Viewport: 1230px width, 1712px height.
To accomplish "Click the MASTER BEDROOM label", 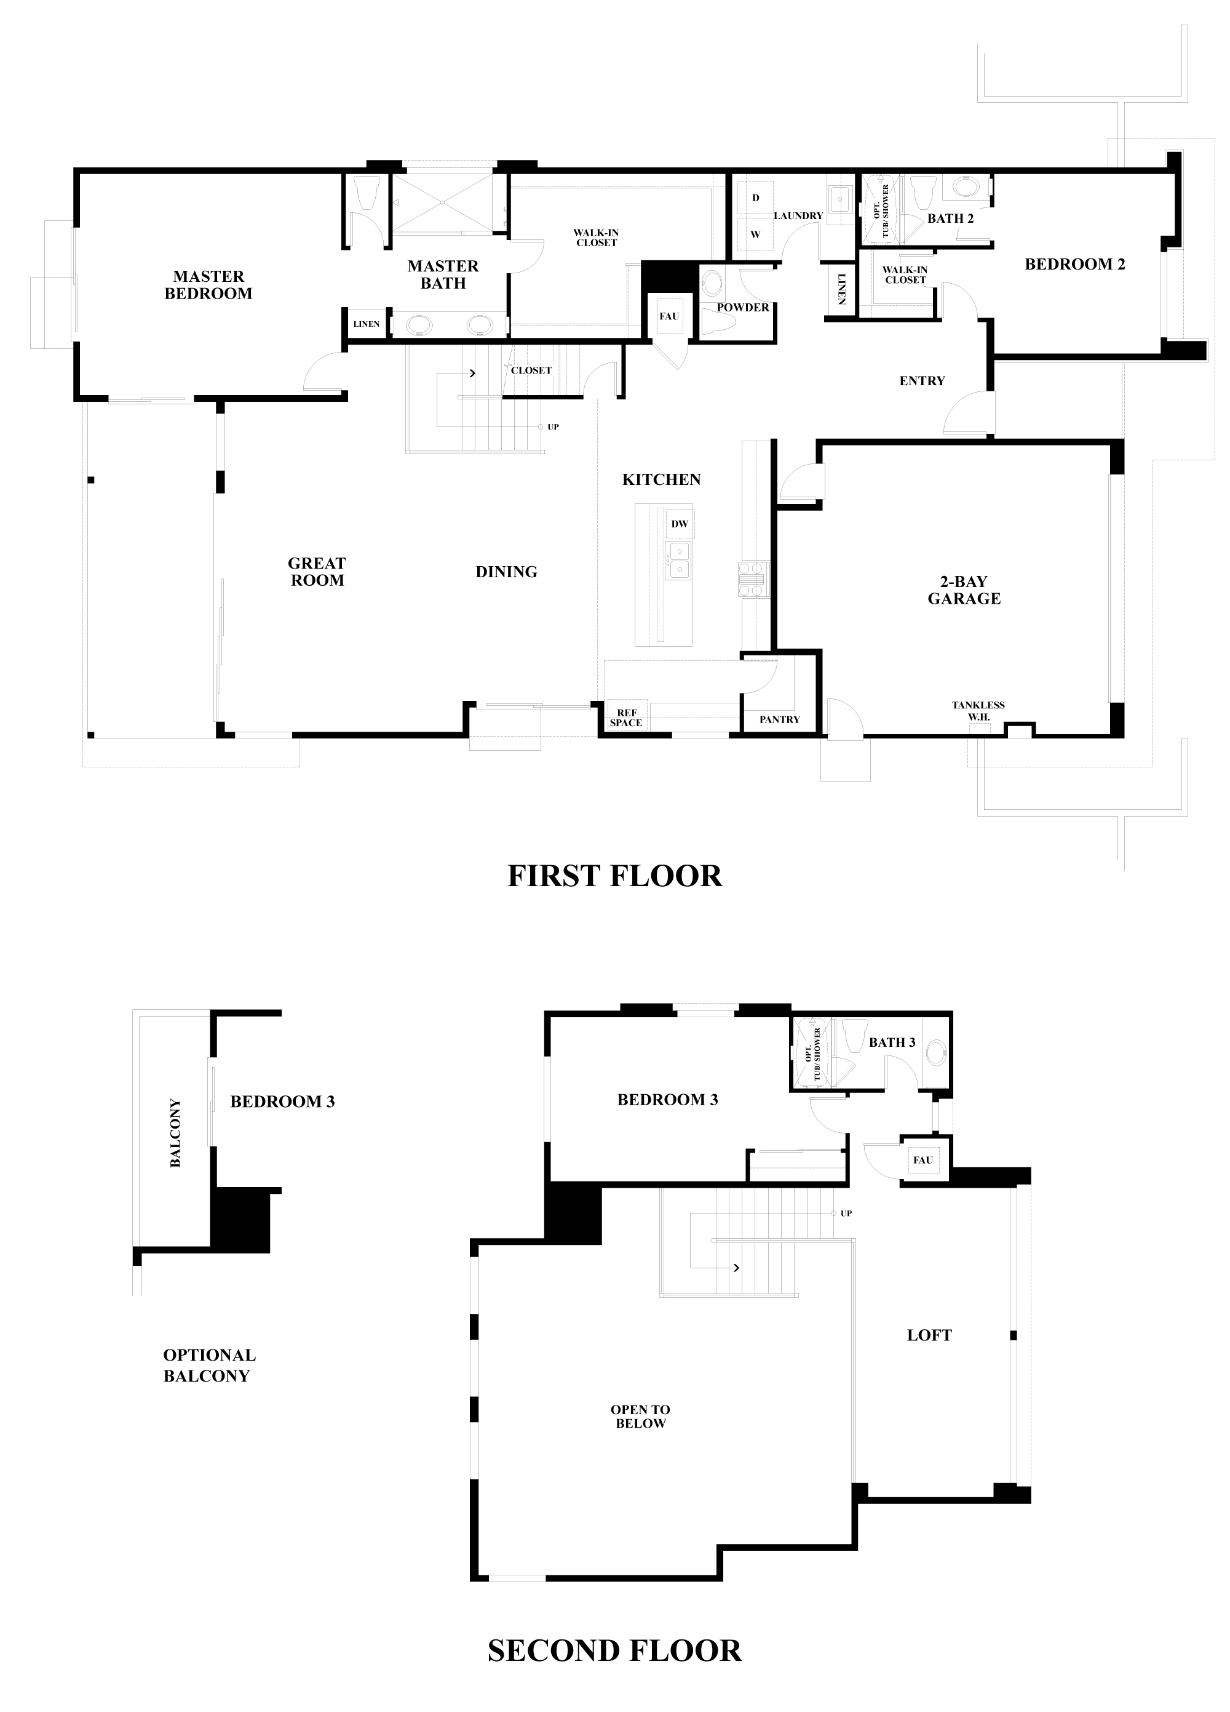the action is tap(208, 286).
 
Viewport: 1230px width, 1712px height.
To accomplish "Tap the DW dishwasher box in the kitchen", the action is tap(679, 524).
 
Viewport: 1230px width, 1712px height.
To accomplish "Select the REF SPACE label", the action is tap(625, 718).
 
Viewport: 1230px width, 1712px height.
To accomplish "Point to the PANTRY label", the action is tap(779, 719).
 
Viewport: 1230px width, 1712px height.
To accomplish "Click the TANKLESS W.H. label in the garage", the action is tap(978, 710).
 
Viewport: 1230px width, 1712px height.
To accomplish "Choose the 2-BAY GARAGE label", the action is tap(964, 590).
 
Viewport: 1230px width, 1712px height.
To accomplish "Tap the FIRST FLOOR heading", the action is tap(615, 876).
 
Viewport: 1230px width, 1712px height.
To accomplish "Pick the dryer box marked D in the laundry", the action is tap(755, 198).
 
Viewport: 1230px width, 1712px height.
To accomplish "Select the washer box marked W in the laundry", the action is tap(755, 234).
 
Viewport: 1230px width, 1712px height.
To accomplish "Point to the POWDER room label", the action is tap(744, 307).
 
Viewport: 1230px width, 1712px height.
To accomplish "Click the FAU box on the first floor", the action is tap(669, 316).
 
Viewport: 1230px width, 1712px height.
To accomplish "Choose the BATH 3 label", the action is tap(892, 1042).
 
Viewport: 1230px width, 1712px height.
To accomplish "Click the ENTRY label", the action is tap(922, 381).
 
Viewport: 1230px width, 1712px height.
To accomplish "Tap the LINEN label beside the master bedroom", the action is tap(367, 324).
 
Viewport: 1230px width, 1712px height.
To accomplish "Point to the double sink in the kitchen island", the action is tap(678, 561).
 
